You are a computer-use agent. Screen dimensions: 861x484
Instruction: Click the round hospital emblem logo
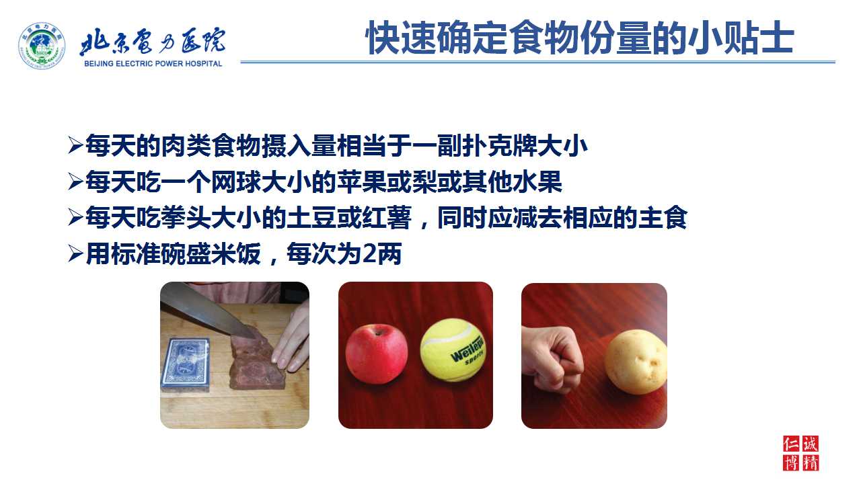click(42, 46)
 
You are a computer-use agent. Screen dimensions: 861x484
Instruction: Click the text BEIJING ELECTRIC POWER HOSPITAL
click(153, 64)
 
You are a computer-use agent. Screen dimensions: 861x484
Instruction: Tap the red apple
click(376, 354)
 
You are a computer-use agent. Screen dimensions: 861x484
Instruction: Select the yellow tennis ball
click(453, 350)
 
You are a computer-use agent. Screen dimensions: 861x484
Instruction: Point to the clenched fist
click(552, 358)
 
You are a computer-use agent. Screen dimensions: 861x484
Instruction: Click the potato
click(635, 362)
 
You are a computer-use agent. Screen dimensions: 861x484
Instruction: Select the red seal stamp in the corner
click(801, 453)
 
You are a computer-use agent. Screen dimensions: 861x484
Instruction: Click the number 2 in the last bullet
click(369, 254)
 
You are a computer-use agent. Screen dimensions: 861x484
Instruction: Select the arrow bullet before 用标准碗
click(75, 254)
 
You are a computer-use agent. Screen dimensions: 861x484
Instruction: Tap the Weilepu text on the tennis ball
click(466, 350)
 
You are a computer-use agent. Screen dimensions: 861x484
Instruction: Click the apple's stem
click(379, 329)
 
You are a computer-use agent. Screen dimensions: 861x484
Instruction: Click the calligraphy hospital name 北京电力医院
click(153, 41)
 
